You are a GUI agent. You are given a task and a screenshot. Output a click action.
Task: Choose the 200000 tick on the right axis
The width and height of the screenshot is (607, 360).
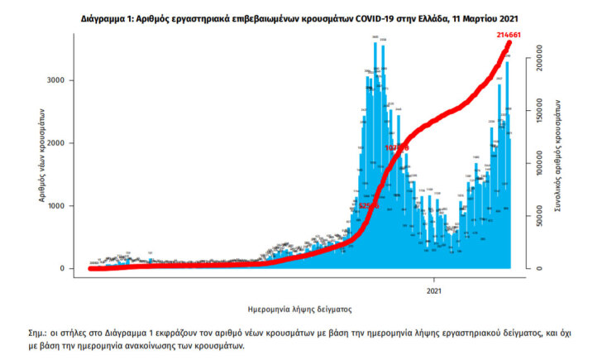(537, 62)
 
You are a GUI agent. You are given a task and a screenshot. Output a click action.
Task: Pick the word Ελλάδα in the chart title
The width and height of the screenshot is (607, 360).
(433, 17)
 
